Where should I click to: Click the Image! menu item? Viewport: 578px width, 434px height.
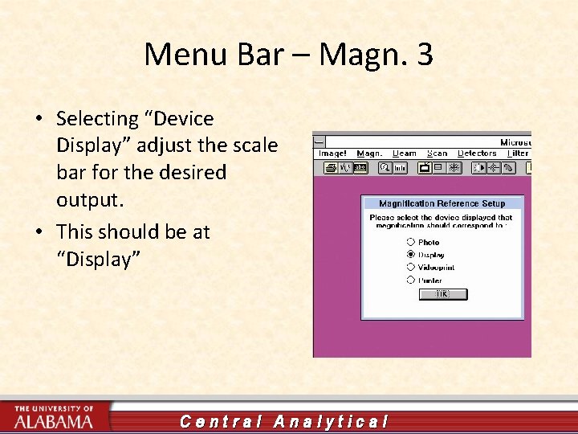[x=332, y=154]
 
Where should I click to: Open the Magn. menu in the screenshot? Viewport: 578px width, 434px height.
[x=369, y=154]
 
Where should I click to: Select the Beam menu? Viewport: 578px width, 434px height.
[x=405, y=154]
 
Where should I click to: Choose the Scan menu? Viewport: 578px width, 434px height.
[x=438, y=154]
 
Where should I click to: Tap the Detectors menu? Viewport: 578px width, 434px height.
[x=477, y=154]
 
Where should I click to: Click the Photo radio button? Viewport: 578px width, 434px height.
[x=411, y=242]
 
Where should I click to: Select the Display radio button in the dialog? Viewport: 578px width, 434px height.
[x=411, y=255]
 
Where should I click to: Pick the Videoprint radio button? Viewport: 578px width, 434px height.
[x=411, y=267]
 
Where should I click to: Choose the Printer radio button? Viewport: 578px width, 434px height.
[x=411, y=280]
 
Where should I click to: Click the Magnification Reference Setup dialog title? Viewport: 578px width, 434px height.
[x=442, y=203]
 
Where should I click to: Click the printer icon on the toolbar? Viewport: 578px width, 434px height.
[x=330, y=168]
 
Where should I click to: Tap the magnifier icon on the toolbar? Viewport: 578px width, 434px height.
[x=386, y=168]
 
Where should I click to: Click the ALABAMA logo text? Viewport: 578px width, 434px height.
[x=53, y=421]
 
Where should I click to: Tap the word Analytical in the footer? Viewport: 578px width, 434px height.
[x=331, y=421]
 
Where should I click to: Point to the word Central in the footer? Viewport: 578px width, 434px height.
[x=219, y=421]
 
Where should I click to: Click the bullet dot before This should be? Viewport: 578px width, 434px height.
[x=39, y=232]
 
